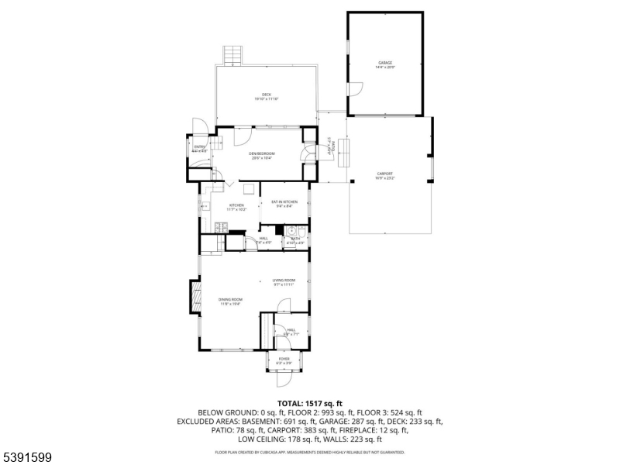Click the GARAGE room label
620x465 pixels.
(385, 63)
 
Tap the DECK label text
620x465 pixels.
(266, 95)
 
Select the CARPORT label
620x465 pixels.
(384, 174)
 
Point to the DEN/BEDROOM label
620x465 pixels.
(262, 153)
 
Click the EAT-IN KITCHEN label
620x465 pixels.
(284, 201)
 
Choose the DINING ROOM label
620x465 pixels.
(230, 300)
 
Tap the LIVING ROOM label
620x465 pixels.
(284, 281)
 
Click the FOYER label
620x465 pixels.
(284, 359)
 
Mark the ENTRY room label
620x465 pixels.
(200, 146)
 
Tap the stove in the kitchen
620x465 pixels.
(221, 227)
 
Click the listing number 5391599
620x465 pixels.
(27, 457)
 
